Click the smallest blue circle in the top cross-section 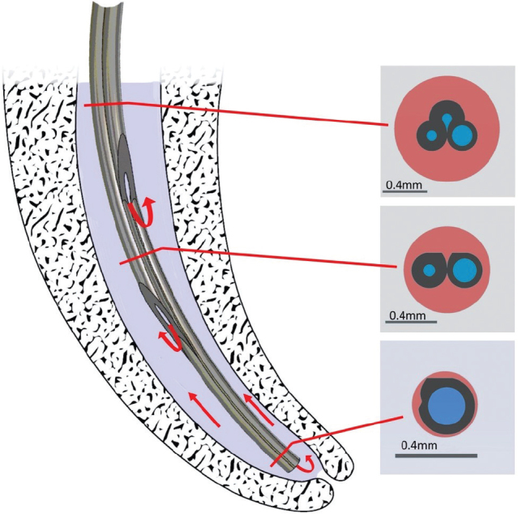446,118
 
